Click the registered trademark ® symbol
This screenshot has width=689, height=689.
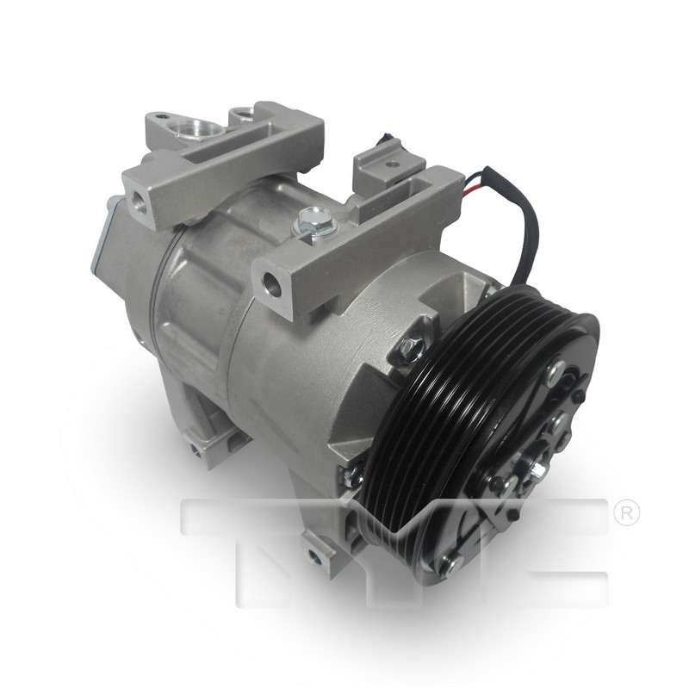pos(627,514)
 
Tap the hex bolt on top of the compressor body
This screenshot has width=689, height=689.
pos(314,221)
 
